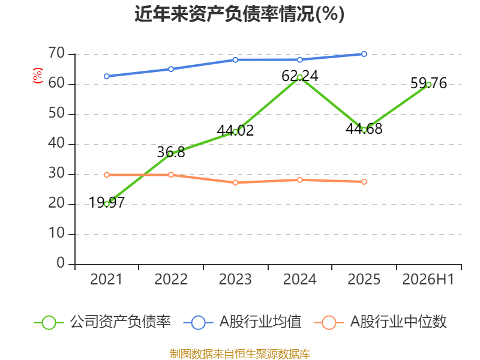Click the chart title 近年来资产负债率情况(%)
[239, 14]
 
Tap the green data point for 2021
[107, 204]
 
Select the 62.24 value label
[299, 76]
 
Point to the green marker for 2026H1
[428, 85]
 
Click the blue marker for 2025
[364, 54]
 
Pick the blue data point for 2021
[107, 76]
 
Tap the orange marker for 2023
[235, 183]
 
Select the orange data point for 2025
[364, 182]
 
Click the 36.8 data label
[171, 152]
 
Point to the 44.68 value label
[364, 128]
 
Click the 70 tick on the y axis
[56, 53]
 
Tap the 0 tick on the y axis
[61, 263]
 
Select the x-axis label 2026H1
[428, 279]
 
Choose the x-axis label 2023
[235, 279]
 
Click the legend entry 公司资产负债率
[103, 322]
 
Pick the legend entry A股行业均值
[242, 322]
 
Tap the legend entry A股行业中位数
[380, 322]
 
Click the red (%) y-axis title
[38, 76]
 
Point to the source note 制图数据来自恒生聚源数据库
[239, 354]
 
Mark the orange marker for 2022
[171, 175]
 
